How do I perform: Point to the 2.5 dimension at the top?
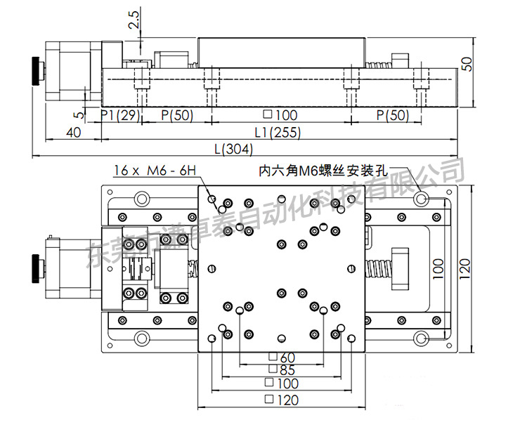point(134,20)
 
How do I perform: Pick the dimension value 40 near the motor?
point(72,132)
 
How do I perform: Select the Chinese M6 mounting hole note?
point(324,169)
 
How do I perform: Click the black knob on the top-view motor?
point(36,267)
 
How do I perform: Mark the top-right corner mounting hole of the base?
point(421,199)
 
